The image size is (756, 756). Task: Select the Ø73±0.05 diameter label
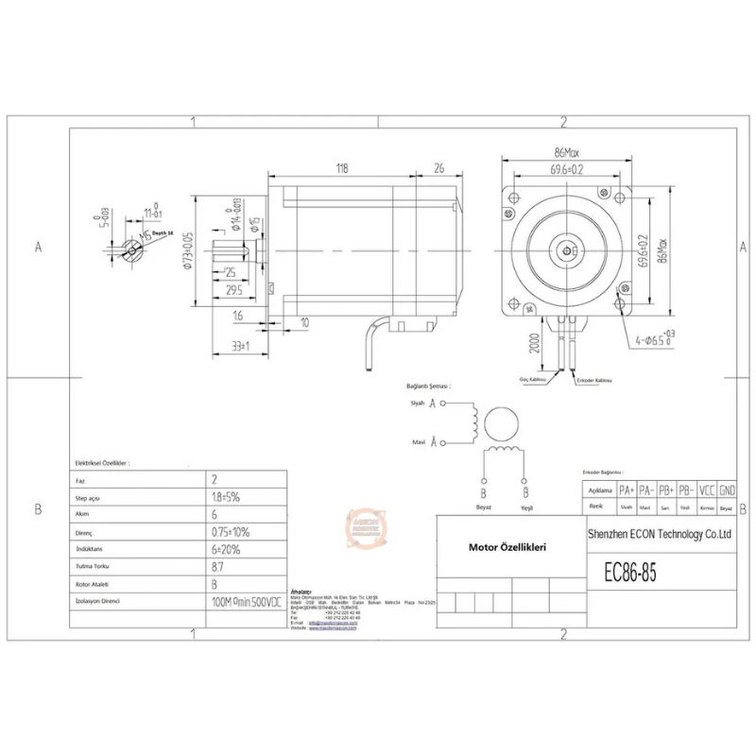click(x=188, y=249)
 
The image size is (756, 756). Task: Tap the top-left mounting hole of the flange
click(x=512, y=198)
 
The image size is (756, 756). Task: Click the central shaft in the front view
click(x=566, y=249)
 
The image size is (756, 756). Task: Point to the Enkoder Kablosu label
click(x=594, y=380)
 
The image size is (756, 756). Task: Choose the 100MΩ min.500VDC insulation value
click(x=247, y=601)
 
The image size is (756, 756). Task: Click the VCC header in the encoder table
click(x=706, y=491)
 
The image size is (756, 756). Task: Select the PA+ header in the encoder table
click(x=626, y=491)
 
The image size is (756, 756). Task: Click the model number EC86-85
click(x=629, y=573)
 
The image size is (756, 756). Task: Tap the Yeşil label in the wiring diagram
click(x=525, y=507)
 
